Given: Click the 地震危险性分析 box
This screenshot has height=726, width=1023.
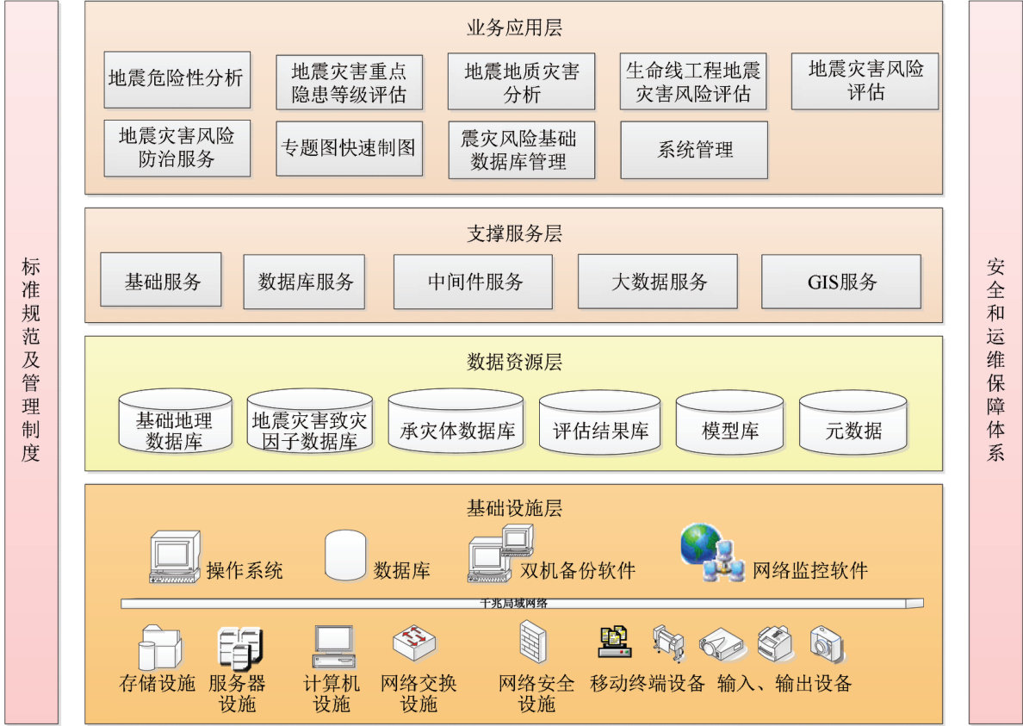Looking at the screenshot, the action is [x=177, y=79].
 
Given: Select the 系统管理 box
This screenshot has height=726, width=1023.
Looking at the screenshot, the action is [x=693, y=150].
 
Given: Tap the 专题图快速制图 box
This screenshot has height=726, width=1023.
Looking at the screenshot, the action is [x=349, y=148].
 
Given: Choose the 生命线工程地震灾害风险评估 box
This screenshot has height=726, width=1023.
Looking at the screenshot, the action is [x=692, y=82].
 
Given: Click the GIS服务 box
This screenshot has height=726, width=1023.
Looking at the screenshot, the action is [x=840, y=282].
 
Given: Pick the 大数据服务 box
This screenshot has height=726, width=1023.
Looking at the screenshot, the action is [x=657, y=282].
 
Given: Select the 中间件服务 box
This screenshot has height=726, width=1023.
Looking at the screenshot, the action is [x=473, y=282].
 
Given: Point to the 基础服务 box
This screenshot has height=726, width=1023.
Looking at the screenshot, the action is [x=161, y=280].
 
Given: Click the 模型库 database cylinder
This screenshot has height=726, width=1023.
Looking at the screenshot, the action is [x=729, y=424].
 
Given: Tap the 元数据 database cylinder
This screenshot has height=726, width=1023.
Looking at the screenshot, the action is [x=852, y=424].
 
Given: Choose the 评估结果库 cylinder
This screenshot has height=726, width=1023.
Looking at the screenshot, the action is [x=599, y=424].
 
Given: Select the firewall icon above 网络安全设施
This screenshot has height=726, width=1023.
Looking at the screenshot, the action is [x=532, y=642].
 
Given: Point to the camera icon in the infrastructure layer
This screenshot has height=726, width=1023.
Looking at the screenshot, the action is [x=828, y=644].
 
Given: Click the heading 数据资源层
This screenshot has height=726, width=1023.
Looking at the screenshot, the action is [x=514, y=362].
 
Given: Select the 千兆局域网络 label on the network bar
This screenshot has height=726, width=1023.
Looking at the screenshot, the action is [x=514, y=604].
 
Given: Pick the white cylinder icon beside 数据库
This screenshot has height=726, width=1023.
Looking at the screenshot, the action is [x=345, y=555].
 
